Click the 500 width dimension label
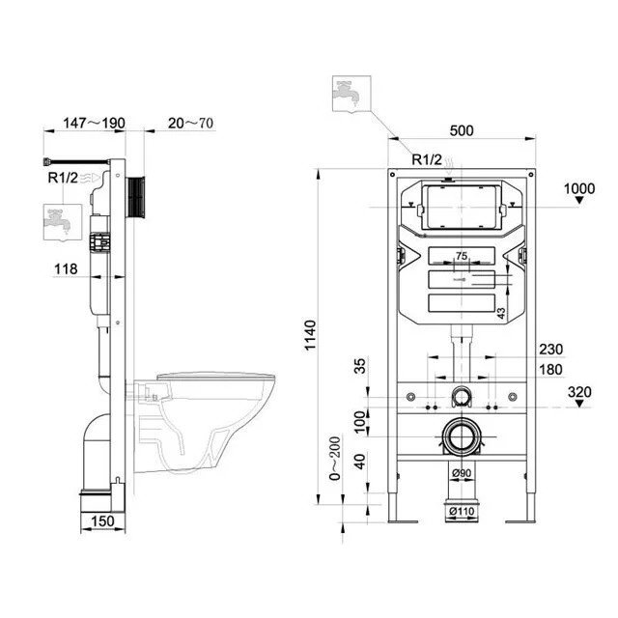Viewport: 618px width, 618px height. [x=462, y=130]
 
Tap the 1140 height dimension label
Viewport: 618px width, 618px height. [x=311, y=335]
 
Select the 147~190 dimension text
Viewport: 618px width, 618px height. [x=95, y=123]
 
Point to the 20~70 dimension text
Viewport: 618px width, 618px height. [x=191, y=124]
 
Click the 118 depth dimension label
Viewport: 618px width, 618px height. [x=66, y=269]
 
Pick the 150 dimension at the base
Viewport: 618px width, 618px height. [x=102, y=521]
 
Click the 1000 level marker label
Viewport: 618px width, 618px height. [x=579, y=189]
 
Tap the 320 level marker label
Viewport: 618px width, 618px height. [x=579, y=392]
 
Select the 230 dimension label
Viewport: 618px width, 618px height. [x=551, y=350]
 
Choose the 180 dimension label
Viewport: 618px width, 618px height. [x=551, y=370]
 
